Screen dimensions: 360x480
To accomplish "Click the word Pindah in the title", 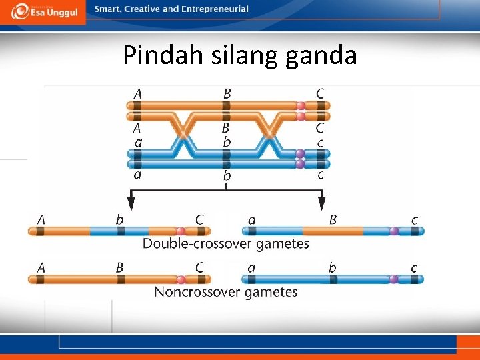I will point(156,55).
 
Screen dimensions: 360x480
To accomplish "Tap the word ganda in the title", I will point(321,56).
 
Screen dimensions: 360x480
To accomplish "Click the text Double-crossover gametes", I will point(226,243).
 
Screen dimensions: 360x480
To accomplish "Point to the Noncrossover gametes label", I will point(226,291).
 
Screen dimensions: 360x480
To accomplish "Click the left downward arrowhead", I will point(132,203).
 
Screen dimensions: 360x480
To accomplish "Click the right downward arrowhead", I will point(321,203).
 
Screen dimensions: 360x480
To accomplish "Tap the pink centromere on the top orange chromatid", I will point(301,105).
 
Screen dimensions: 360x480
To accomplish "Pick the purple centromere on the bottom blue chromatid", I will point(301,163).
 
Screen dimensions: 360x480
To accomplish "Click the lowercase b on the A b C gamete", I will point(120,219).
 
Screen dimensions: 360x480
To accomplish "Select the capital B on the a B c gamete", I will point(333,219).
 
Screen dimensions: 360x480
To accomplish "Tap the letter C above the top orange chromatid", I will point(321,94).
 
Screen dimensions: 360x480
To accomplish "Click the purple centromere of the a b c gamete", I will point(394,279).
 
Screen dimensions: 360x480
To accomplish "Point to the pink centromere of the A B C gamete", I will point(179,279).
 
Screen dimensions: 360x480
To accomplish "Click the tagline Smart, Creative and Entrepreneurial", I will point(171,9).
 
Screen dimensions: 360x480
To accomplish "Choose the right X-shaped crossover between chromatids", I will point(270,134).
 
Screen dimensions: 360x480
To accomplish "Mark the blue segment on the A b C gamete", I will point(120,231).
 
